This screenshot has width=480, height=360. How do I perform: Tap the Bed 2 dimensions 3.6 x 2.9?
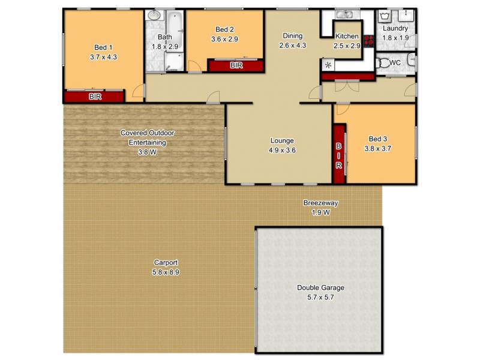point(224,40)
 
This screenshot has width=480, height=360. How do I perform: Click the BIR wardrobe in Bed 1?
point(94,96)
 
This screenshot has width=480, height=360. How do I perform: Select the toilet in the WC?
point(410,60)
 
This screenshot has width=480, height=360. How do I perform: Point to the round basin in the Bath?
point(154,16)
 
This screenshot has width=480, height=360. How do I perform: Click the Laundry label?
point(395,29)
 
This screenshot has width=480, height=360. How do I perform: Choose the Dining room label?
point(293,36)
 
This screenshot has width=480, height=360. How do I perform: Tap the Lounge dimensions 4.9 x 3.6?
point(281,151)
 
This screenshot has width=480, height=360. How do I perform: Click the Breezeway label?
point(320,203)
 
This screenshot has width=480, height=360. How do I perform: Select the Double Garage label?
point(320,287)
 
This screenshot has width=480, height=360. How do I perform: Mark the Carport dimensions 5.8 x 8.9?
point(166,272)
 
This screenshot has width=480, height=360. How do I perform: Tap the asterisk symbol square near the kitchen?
point(328,64)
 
